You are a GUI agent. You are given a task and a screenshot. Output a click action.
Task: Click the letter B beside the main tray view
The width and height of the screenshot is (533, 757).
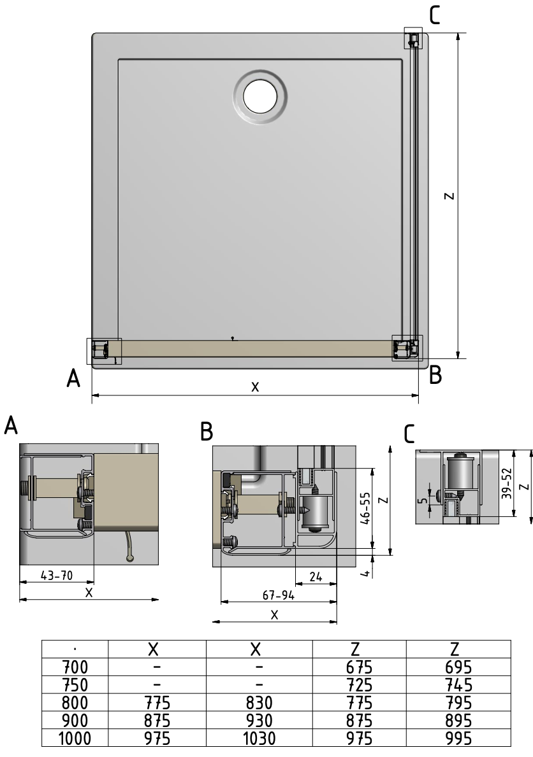(435, 375)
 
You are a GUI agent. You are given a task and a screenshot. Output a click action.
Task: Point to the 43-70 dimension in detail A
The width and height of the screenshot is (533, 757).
(55, 576)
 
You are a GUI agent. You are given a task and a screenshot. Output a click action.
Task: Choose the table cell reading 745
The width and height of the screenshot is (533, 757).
(458, 685)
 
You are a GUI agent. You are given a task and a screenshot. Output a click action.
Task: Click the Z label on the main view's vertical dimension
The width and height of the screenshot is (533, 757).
(449, 196)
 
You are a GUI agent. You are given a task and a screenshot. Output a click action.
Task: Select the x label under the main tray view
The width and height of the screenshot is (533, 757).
(255, 386)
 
